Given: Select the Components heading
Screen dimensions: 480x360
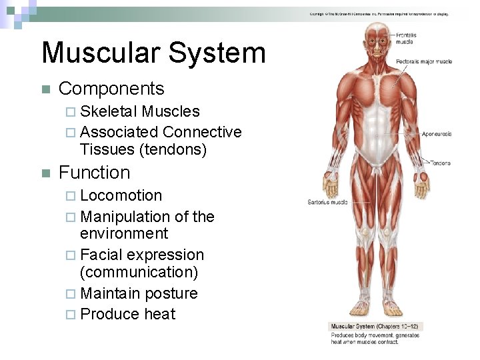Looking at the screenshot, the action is click(x=111, y=89).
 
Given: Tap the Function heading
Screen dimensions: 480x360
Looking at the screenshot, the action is click(x=95, y=173).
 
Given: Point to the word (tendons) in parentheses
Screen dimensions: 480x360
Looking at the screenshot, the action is click(x=173, y=149).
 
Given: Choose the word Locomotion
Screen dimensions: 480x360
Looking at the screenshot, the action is click(x=121, y=196).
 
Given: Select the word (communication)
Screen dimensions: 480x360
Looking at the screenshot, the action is click(x=139, y=272).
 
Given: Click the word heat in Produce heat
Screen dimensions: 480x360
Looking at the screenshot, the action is click(x=161, y=314).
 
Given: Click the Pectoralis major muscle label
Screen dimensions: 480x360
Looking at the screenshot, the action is click(x=424, y=61).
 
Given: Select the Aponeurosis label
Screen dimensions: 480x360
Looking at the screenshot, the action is click(x=436, y=134).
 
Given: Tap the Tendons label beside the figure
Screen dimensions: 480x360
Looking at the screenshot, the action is click(x=440, y=163).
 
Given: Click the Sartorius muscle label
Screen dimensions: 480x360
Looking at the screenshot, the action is click(x=327, y=201).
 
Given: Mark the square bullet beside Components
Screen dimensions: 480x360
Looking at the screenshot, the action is click(x=44, y=89).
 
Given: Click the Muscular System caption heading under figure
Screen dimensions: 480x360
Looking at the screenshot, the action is click(x=376, y=327).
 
